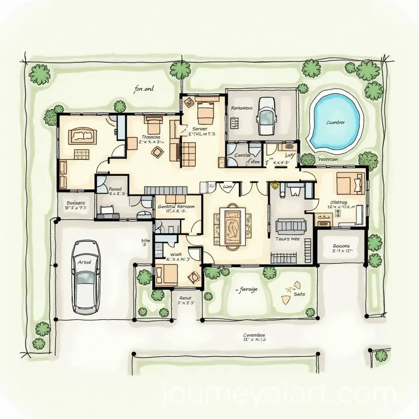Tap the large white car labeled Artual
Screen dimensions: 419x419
[86, 277]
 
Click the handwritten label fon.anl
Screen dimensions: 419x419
[143, 88]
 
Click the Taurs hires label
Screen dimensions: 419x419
[287, 239]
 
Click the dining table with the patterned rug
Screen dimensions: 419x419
[232, 227]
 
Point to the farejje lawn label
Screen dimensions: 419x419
[247, 289]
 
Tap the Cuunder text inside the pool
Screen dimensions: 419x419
[336, 122]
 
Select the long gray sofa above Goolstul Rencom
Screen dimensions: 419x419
[165, 190]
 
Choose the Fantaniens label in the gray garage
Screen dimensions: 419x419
[241, 108]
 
